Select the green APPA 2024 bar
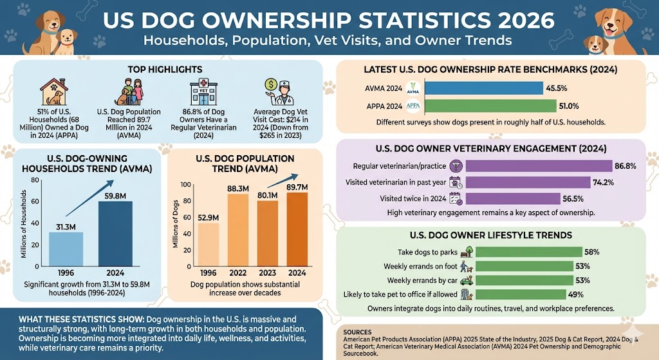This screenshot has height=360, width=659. (x=491, y=106)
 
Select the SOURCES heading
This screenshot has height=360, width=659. (x=362, y=332)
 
